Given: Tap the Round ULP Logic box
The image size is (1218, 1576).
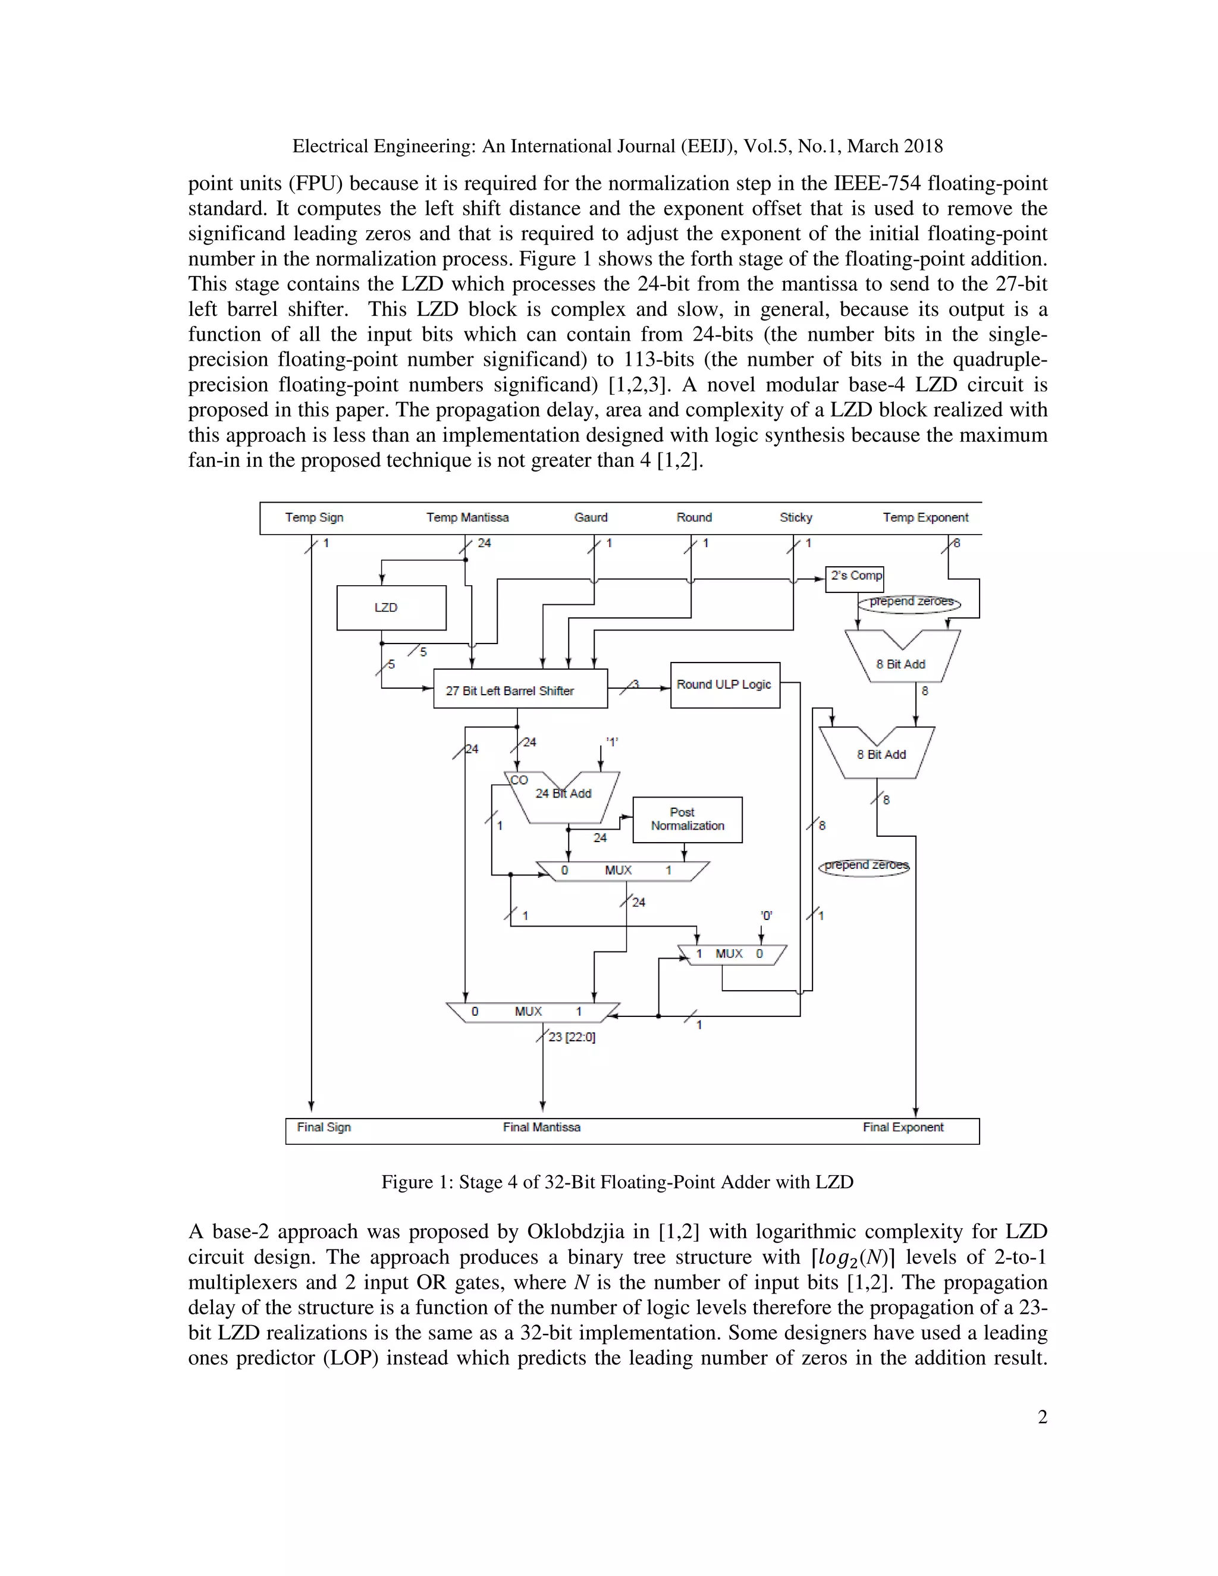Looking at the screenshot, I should [724, 684].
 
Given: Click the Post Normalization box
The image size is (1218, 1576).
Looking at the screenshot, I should [687, 819].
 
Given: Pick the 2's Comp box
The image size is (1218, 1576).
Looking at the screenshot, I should [855, 576].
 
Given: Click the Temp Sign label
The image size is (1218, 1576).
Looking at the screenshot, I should [314, 517].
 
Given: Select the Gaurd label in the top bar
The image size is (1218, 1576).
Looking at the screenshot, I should [591, 517].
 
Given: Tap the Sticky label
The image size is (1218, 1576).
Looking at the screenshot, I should [796, 517].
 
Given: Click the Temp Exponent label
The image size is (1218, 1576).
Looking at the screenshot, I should [925, 517].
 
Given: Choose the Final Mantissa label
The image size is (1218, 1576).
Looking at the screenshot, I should [541, 1127].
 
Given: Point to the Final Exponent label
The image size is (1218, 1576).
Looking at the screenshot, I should [903, 1127].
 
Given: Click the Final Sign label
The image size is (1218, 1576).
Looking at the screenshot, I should [324, 1127].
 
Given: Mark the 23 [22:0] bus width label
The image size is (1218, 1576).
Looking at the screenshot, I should [572, 1037].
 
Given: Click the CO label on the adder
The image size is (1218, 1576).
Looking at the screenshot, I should [519, 780].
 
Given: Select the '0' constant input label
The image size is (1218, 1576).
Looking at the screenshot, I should [766, 916].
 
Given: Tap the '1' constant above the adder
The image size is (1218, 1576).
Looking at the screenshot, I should [612, 742].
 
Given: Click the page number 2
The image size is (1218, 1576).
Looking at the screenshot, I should [1042, 1417].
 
